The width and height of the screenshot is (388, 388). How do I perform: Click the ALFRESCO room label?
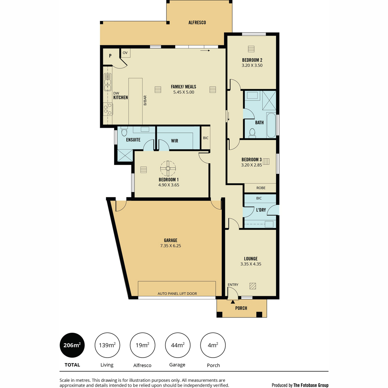[x=197, y=23]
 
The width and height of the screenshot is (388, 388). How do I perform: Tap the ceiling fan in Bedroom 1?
[x=168, y=168]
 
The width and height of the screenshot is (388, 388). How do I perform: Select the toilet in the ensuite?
[x=124, y=131]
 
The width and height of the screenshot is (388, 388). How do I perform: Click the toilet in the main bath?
[x=252, y=133]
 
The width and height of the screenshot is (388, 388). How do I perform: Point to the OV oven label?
[x=125, y=53]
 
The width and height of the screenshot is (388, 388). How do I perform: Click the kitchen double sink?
[x=108, y=82]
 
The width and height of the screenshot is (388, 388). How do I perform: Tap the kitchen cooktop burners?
[x=108, y=109]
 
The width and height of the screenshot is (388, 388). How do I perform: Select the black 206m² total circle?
[x=72, y=345]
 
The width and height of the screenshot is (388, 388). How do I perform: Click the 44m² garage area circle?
[x=178, y=345]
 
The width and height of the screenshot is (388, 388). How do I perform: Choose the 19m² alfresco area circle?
[x=142, y=345]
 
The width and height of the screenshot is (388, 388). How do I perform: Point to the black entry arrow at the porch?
[x=233, y=302]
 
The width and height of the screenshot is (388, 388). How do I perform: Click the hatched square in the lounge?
[x=253, y=286]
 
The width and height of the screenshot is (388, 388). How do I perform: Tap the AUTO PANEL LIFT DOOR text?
[x=177, y=294]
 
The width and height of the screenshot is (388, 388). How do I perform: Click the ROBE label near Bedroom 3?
[x=261, y=188]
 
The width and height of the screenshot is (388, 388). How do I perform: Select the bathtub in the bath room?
[x=271, y=125]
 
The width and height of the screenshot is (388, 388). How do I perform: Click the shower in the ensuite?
[x=125, y=156]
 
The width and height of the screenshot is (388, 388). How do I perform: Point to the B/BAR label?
[x=145, y=101]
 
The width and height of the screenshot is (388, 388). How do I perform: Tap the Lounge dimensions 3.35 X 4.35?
[x=251, y=264]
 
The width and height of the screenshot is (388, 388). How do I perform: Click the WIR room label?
[x=175, y=141]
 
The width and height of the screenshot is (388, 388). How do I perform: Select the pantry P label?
[x=110, y=56]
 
